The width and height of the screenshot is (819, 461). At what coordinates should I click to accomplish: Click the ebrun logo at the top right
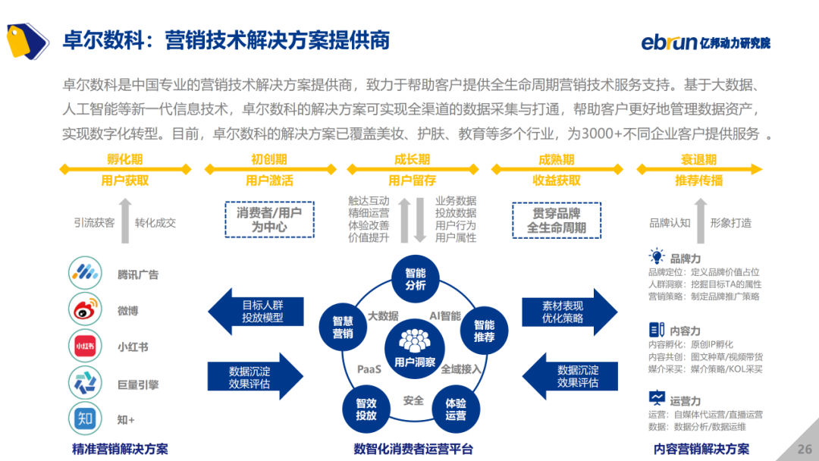click(705, 41)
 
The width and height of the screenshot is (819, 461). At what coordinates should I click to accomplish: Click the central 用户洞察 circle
click(414, 350)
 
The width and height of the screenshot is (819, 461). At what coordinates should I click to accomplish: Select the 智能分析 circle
click(415, 279)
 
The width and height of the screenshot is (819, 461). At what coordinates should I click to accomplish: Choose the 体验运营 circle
click(455, 409)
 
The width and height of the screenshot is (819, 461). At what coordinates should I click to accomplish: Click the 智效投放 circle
click(366, 409)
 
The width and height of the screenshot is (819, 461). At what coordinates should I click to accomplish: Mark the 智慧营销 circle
click(343, 327)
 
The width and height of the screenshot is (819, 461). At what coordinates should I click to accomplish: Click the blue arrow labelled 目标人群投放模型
click(256, 311)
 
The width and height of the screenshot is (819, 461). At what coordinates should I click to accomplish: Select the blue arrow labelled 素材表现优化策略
click(570, 311)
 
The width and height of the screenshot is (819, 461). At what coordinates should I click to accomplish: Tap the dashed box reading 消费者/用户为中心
click(269, 220)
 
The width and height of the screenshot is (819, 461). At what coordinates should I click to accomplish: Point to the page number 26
click(805, 449)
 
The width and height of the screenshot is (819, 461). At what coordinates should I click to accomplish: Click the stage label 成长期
click(412, 160)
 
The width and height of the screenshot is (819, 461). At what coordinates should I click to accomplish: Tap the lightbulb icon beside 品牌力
click(657, 257)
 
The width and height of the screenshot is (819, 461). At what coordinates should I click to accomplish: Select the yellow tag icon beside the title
click(27, 39)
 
